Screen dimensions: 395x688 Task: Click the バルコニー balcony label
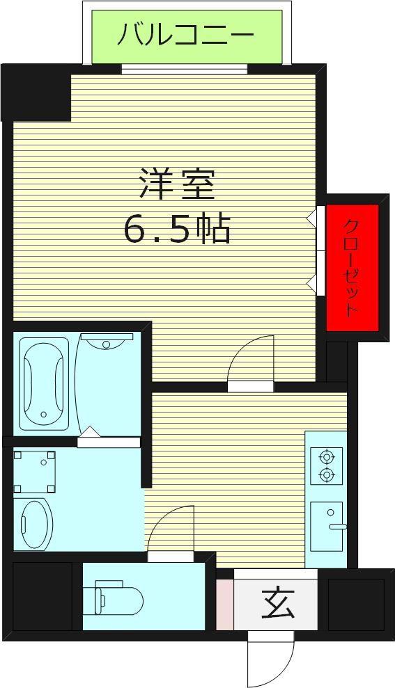tap(185, 35)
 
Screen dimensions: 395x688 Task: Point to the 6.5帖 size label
tap(178, 229)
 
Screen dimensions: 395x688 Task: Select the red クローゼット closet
tap(353, 268)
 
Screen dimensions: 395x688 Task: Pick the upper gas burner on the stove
tap(327, 457)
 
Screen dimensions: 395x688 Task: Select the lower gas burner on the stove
tap(327, 474)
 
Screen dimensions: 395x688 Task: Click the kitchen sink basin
tap(326, 526)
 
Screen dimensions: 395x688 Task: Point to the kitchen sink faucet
tap(338, 527)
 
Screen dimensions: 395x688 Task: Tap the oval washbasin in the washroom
tap(37, 525)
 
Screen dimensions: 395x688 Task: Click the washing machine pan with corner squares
tap(35, 471)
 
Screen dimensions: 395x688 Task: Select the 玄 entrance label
tap(278, 603)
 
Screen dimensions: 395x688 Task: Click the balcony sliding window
tap(185, 70)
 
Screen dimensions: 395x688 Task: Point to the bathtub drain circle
tap(43, 414)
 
